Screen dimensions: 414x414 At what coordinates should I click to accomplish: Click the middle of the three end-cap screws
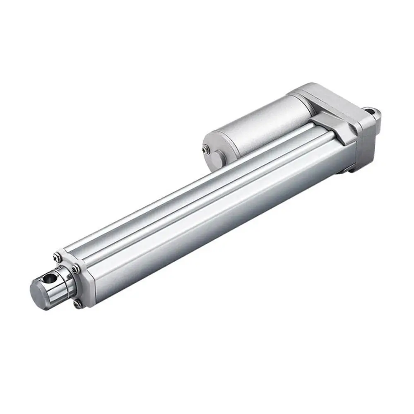pos(75,270)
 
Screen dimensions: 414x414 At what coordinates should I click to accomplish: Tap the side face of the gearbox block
pos(364,141)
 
